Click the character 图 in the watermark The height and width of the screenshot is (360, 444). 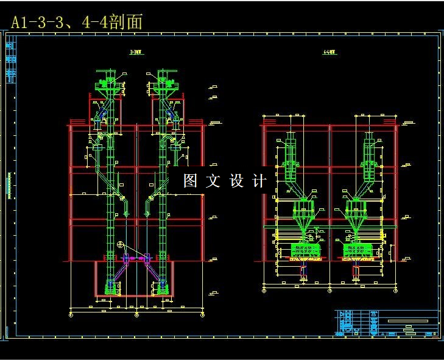tap(191, 181)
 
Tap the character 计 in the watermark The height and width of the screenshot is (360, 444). tap(259, 181)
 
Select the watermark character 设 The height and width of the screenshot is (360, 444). tap(237, 181)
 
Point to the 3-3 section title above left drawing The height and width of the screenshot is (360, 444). tap(136, 52)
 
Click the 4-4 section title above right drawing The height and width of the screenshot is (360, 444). tap(329, 52)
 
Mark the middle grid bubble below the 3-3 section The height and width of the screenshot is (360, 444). tap(136, 315)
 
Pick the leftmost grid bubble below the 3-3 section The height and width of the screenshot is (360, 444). tap(71, 315)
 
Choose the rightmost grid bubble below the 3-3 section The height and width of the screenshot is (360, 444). tap(202, 315)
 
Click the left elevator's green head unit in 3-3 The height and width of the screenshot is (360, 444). tap(109, 82)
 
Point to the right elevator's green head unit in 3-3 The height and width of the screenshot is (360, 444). tap(163, 82)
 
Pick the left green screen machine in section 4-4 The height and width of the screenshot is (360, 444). tap(303, 250)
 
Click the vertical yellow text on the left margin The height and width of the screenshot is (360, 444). tap(10, 186)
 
